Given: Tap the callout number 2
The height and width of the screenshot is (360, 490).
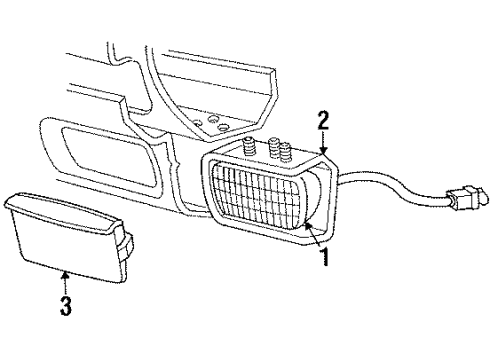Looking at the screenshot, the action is [323, 123].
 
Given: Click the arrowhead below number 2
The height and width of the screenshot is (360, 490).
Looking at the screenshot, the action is [323, 153].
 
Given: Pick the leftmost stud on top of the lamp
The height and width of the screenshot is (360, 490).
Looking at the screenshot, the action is [246, 149].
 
